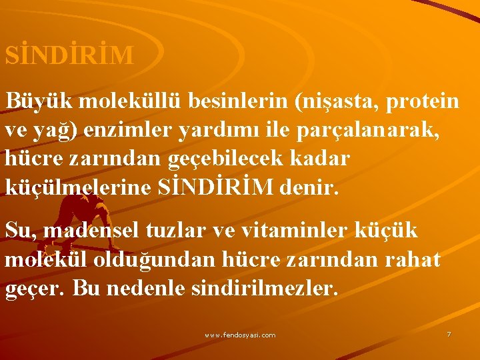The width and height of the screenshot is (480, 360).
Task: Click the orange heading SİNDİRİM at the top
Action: (69, 55)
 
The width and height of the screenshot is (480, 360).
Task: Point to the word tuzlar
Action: (184, 230)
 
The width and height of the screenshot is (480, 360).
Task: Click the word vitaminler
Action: (300, 230)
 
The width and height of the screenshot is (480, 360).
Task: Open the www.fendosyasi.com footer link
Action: (240, 335)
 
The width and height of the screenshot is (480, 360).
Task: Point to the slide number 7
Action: (449, 334)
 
